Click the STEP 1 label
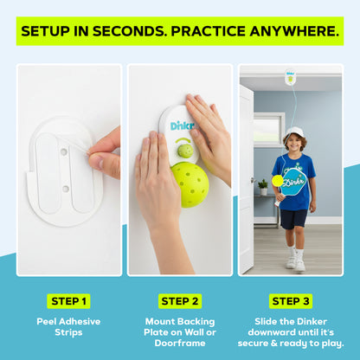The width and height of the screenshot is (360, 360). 68,301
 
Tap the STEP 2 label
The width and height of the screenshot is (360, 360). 180,301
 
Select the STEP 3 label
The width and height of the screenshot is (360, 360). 292,301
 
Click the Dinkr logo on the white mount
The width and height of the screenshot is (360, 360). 183,125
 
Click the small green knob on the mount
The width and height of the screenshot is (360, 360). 185,152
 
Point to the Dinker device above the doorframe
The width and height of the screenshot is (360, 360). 291,77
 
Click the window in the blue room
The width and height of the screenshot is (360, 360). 269,129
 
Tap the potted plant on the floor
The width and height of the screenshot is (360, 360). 262,187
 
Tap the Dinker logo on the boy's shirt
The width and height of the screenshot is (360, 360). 293,184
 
